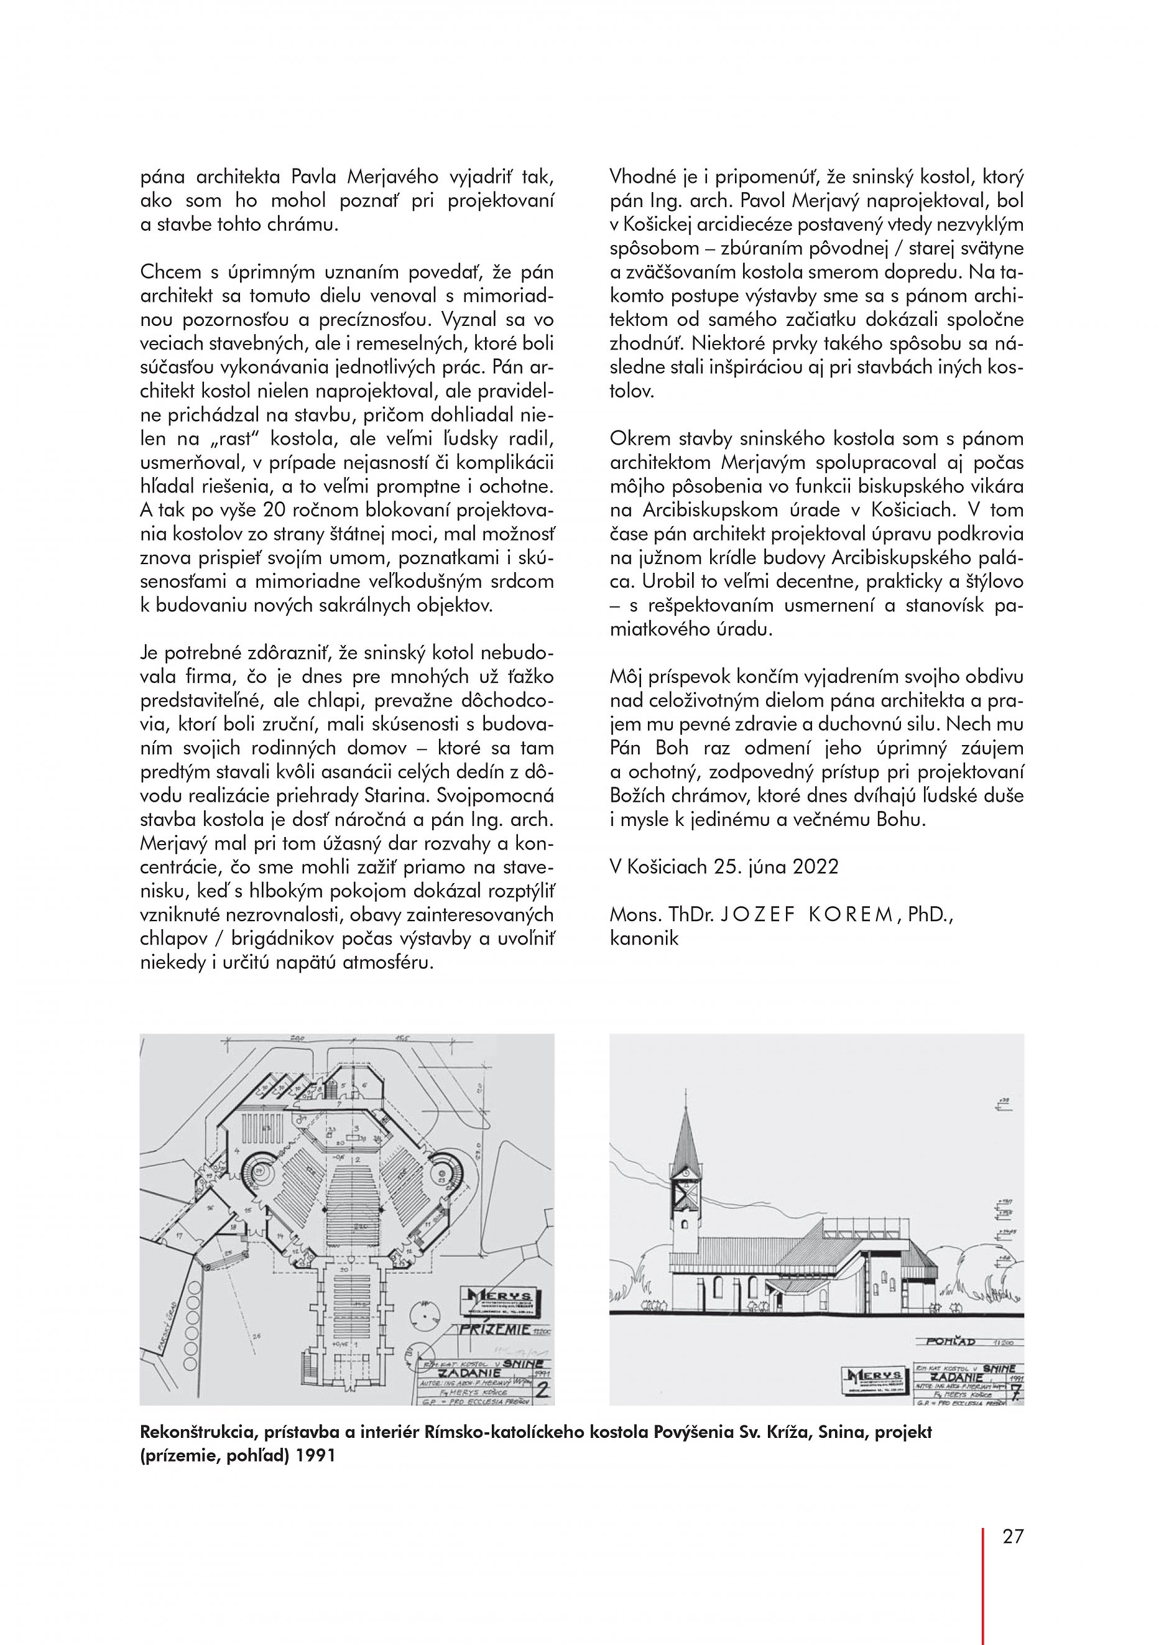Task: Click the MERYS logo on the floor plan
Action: point(499,1301)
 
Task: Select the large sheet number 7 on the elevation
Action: point(1013,1392)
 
